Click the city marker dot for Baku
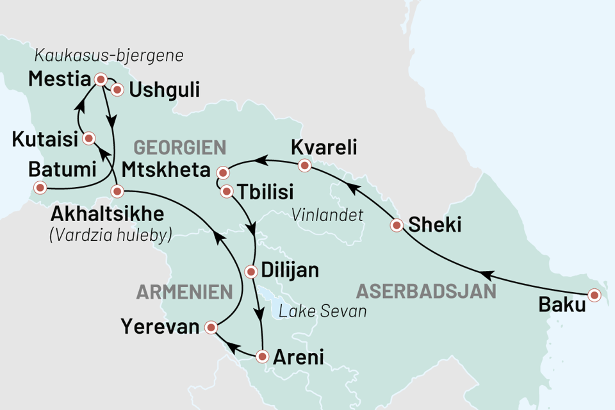point(595,295)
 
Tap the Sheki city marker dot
point(397,225)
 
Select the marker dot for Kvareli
point(305,166)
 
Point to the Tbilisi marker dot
point(227,191)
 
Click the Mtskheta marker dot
point(223,173)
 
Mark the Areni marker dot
point(262,356)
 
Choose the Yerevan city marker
point(210,329)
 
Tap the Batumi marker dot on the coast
point(40,188)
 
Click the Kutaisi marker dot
point(89,138)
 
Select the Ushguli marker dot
point(117,90)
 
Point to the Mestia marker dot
point(100,79)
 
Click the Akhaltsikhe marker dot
point(117,191)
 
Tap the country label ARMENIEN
point(184,293)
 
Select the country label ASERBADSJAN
point(426,291)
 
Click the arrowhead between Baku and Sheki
point(487,275)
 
